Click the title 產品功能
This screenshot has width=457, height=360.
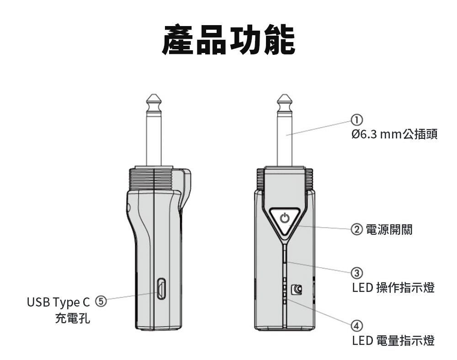[228, 40]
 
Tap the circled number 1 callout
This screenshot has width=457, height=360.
[356, 120]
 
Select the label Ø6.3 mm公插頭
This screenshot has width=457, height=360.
[394, 134]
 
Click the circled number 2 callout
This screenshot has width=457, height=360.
[357, 229]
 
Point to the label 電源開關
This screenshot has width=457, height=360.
[389, 229]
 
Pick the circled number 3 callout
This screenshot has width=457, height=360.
[356, 273]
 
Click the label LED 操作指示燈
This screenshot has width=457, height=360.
[393, 288]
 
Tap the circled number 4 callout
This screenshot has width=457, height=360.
[356, 326]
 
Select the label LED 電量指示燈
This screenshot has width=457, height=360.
[393, 340]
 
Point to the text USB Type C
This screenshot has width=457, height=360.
[59, 302]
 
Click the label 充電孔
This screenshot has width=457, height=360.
[73, 318]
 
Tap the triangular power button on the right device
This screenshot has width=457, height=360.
[285, 219]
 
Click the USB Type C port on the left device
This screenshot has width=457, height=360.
[161, 289]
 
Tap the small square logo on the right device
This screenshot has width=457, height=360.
[297, 289]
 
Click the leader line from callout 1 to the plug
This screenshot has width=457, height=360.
[320, 128]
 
